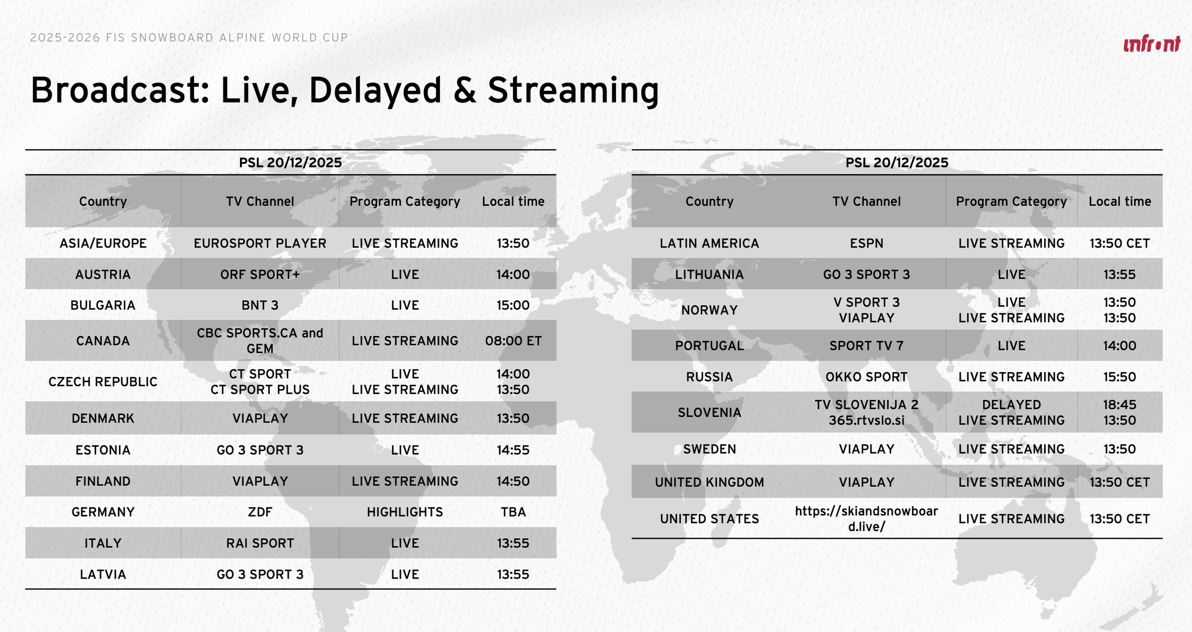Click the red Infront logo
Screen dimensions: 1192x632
1152,43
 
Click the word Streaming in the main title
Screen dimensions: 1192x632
573,91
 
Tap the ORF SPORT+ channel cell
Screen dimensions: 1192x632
260,274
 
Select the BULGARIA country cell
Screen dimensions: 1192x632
103,305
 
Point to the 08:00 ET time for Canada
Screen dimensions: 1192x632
513,341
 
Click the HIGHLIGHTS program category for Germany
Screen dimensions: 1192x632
405,512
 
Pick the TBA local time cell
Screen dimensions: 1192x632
513,512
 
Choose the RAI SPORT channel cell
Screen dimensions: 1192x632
260,543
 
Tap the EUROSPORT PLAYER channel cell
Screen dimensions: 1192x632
260,243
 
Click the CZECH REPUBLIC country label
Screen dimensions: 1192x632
103,382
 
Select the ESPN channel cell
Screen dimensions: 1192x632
867,243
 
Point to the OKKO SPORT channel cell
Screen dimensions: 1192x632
867,377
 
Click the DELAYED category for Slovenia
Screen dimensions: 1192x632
1012,405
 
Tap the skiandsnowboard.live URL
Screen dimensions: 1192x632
867,519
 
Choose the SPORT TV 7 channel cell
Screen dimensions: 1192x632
867,346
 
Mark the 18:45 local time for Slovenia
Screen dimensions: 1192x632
1119,405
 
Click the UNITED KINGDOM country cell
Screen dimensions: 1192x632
709,482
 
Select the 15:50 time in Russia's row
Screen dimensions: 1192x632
1119,377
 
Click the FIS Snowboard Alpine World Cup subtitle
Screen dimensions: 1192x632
189,38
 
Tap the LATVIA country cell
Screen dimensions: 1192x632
103,574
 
